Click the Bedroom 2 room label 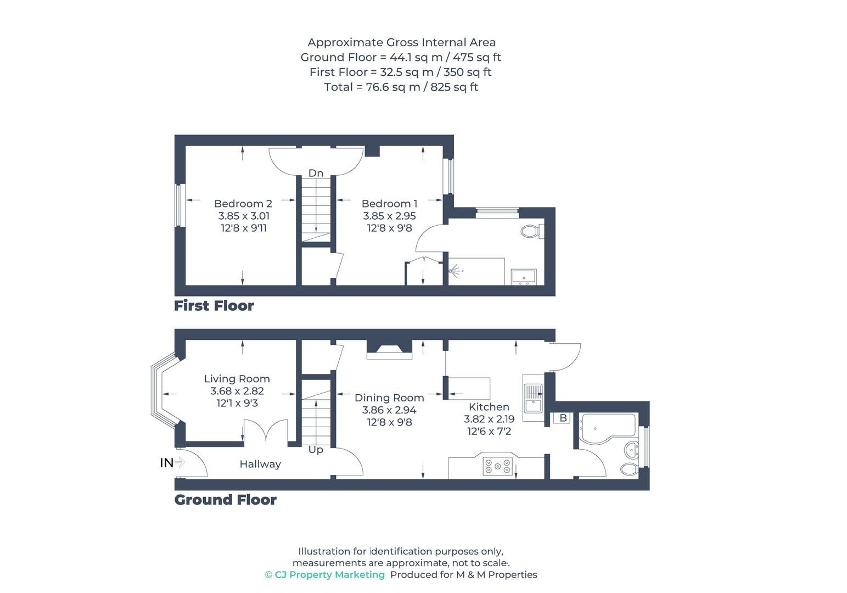coord(243,204)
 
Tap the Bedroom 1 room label coord(389,204)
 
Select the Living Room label coord(237,379)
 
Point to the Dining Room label coord(389,398)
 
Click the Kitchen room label coord(489,407)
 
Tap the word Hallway coord(260,464)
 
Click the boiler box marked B coord(563,418)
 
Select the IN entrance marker coord(167,463)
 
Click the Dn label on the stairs coord(316,173)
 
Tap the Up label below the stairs coord(316,450)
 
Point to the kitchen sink coord(532,398)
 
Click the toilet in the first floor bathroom coord(531,231)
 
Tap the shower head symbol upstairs coord(456,271)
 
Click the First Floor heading coord(214,306)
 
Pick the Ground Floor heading coord(225,500)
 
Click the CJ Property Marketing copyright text coord(325,575)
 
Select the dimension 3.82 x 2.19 coord(489,419)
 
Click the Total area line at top coord(401,87)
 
